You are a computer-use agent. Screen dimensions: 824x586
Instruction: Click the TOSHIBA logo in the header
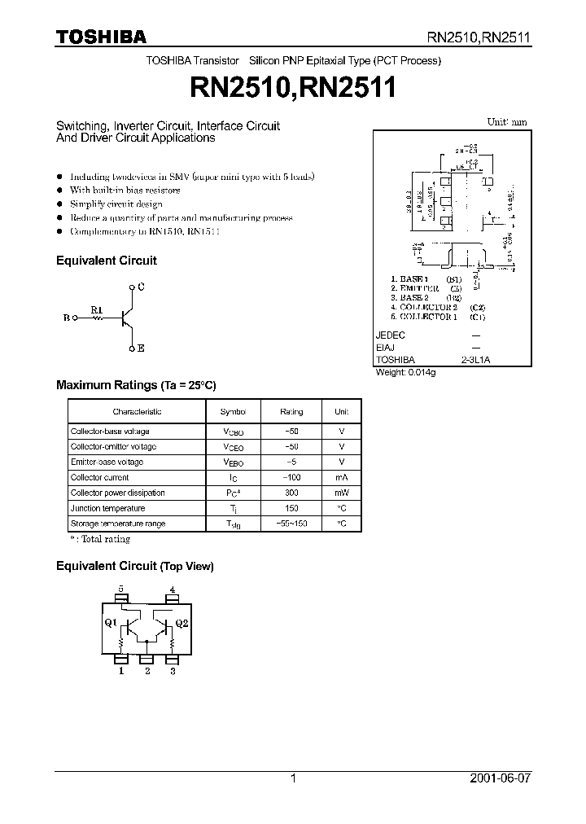pos(100,36)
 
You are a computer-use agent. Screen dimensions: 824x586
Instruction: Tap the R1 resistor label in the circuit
pos(96,309)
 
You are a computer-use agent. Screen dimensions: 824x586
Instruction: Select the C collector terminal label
pos(141,287)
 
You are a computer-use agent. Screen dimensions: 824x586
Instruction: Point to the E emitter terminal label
pos(141,348)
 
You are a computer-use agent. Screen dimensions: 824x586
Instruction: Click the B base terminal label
pos(67,319)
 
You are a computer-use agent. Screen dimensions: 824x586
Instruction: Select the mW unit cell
pos(342,493)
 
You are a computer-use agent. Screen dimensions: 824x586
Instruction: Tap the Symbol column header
pos(234,412)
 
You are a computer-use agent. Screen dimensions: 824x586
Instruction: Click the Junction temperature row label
pos(107,509)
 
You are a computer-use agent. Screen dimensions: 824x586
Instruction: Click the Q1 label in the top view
pos(112,624)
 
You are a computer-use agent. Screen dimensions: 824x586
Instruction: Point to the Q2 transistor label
pos(181,624)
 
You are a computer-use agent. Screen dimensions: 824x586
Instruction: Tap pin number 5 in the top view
pos(121,589)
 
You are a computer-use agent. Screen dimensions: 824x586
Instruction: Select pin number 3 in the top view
pos(173,672)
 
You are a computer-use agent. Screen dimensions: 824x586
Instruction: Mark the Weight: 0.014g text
pos(405,372)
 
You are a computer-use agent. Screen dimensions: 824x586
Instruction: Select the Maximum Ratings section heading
pos(136,385)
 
